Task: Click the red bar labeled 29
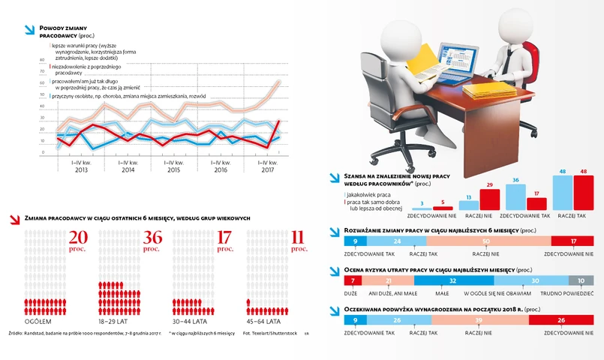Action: coord(489,199)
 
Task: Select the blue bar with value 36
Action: coord(515,196)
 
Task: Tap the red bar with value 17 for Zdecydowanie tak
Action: coord(536,203)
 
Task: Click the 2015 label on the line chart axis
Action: coord(174,170)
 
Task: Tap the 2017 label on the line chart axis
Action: coord(267,170)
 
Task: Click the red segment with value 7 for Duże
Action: coord(353,280)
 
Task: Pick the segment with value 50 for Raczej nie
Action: coord(488,241)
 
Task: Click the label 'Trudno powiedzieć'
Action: coord(575,294)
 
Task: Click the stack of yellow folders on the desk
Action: coord(488,91)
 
